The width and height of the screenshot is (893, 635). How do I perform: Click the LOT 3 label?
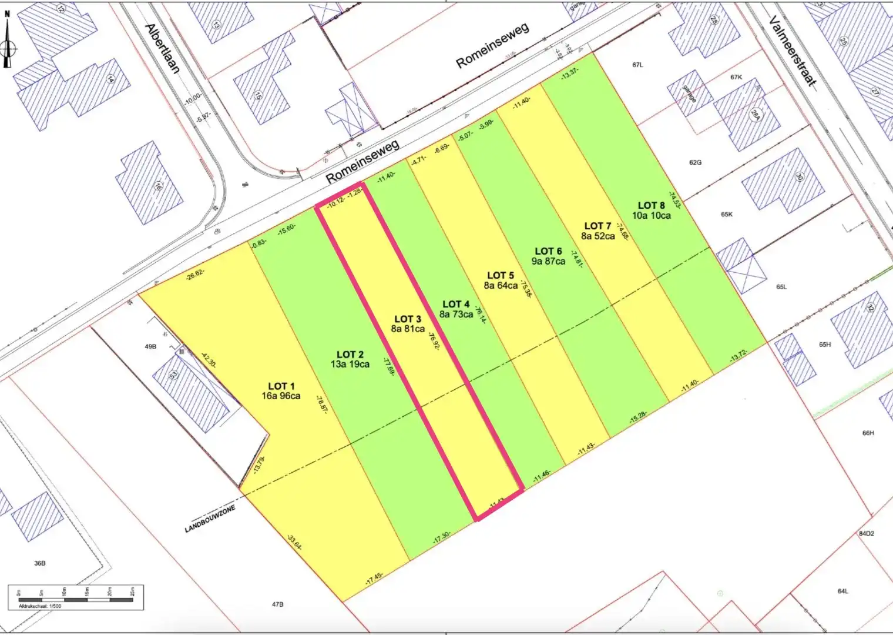click(x=407, y=319)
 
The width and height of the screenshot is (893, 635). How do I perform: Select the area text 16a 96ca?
click(x=281, y=396)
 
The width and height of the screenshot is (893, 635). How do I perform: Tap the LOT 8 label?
click(x=651, y=205)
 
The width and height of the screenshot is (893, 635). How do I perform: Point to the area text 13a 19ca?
click(x=350, y=365)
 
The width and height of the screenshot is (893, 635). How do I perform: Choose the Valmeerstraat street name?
click(x=793, y=51)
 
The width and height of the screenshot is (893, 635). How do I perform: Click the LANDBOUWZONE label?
click(x=210, y=519)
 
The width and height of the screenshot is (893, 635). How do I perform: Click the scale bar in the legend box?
click(x=75, y=599)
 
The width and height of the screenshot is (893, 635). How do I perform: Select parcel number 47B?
click(x=277, y=604)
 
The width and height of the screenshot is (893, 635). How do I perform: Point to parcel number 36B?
click(x=39, y=563)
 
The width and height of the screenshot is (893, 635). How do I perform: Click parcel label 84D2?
click(x=866, y=534)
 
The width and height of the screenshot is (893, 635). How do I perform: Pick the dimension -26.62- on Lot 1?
click(x=195, y=274)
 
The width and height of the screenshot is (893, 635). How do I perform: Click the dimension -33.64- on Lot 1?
click(x=294, y=542)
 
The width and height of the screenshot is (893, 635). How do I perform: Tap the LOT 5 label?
click(x=500, y=275)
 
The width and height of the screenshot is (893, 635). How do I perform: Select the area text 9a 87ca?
click(x=548, y=261)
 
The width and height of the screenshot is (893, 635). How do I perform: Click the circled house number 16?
click(x=157, y=187)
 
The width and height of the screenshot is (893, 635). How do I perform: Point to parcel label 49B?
click(x=150, y=347)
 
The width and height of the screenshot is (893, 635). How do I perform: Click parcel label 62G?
click(x=695, y=162)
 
